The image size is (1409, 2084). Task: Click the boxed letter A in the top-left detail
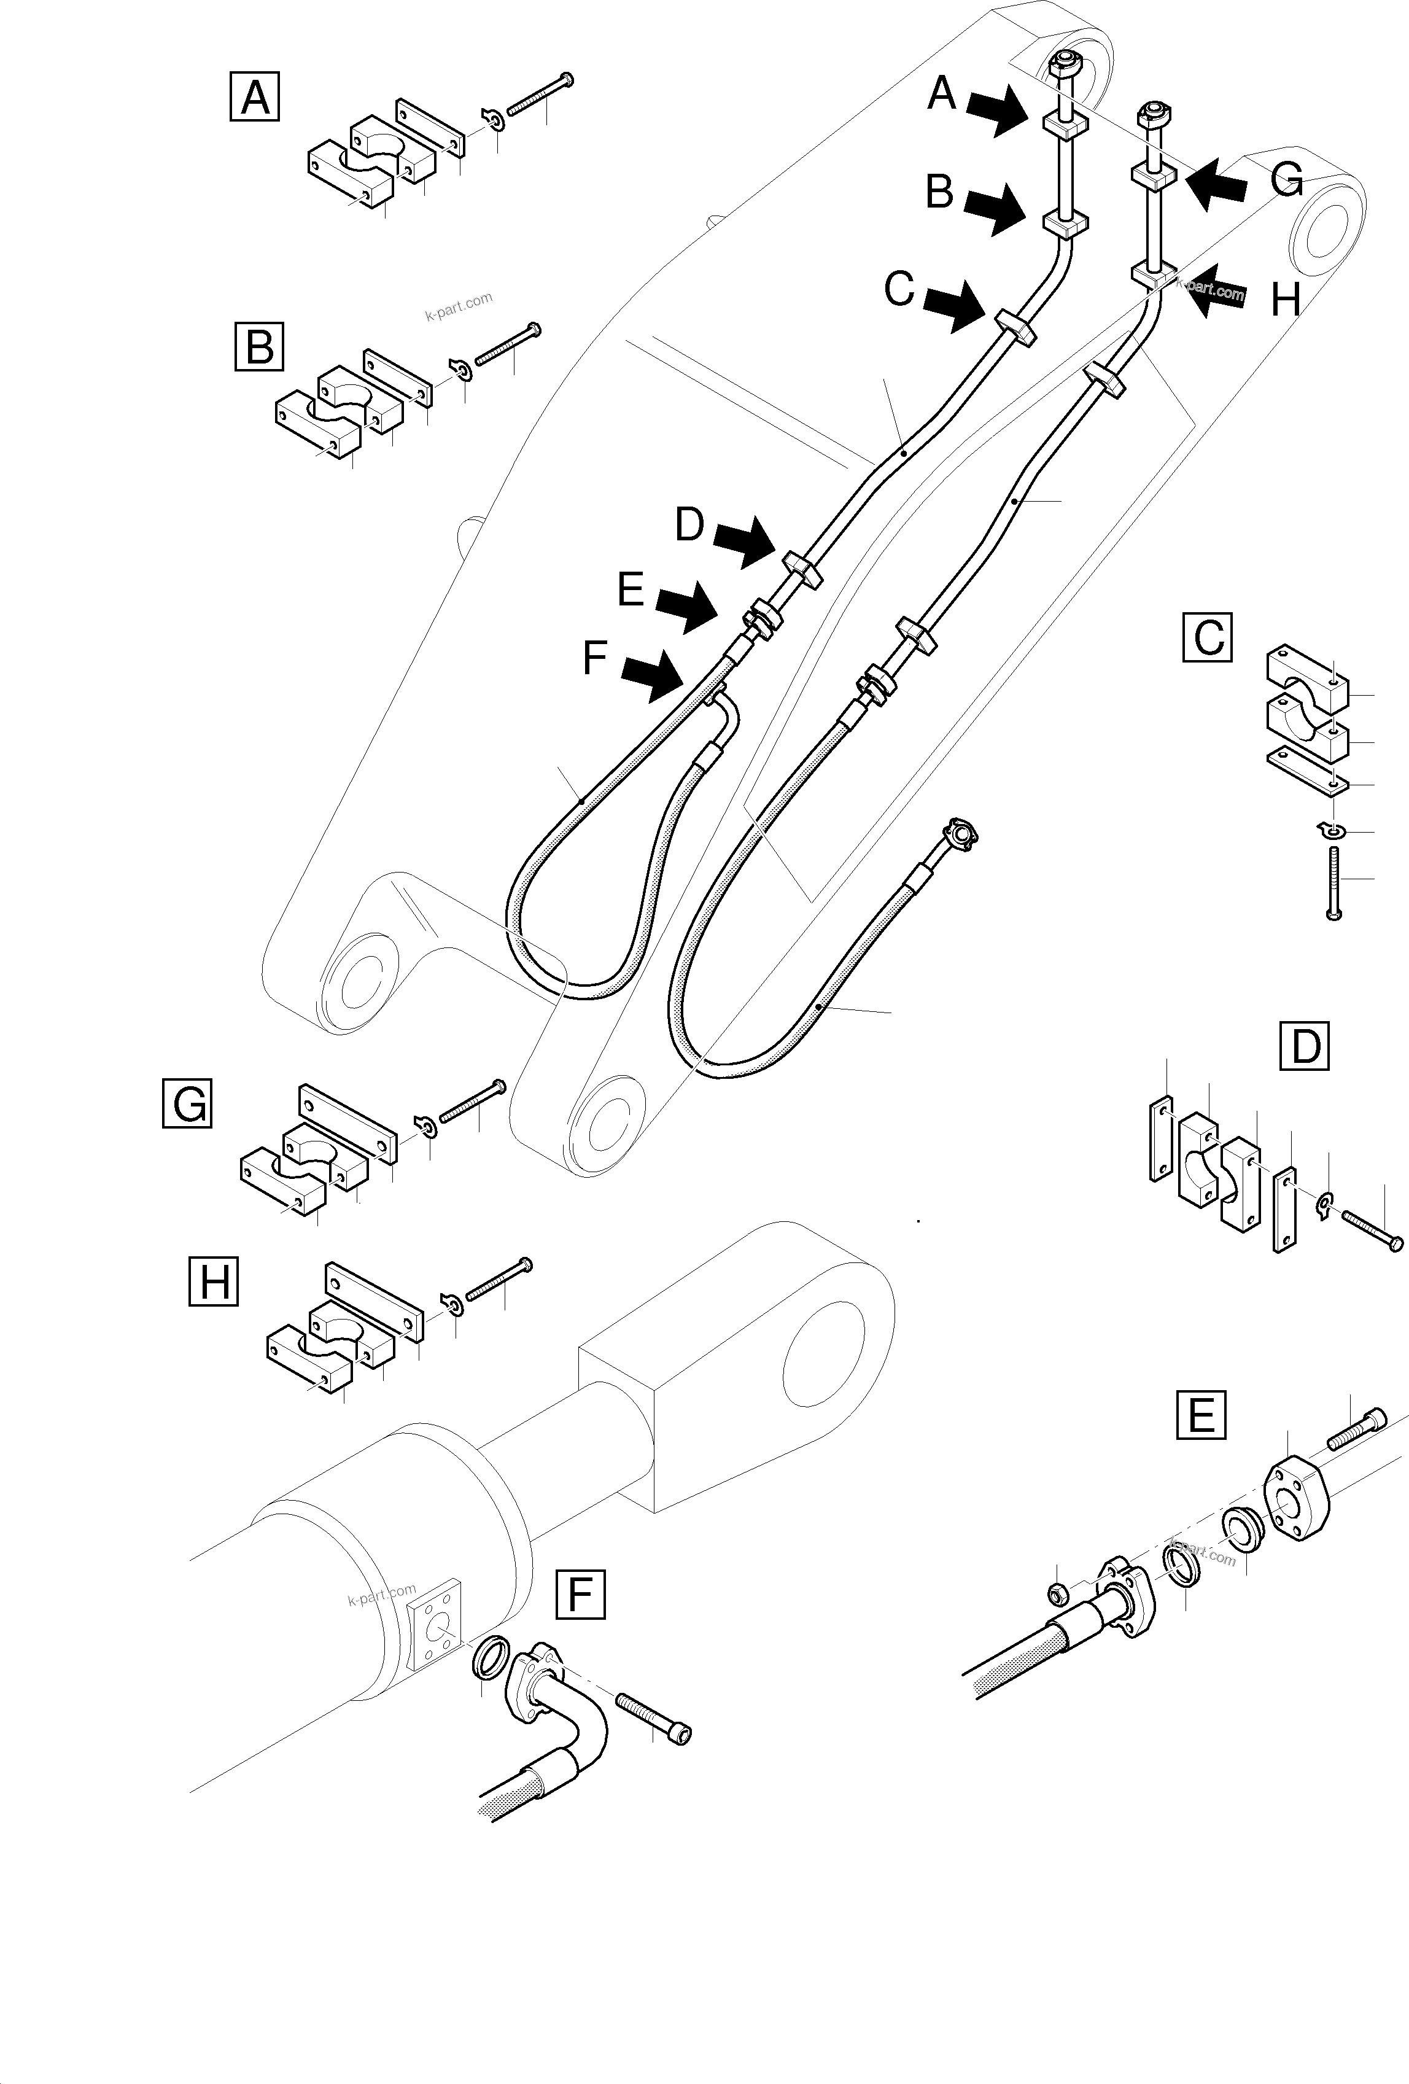pos(255,97)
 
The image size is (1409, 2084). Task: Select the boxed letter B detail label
pos(259,346)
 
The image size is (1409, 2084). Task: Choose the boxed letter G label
pos(187,1103)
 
